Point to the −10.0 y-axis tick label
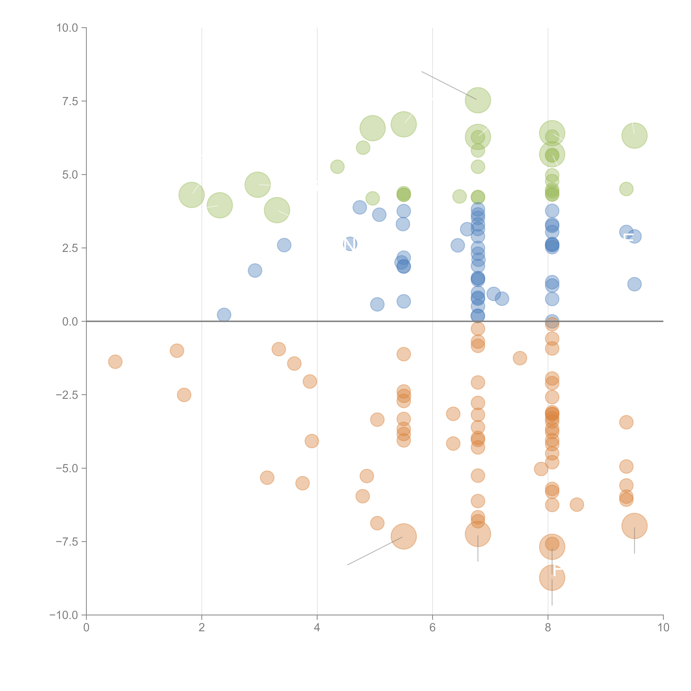pos(64,615)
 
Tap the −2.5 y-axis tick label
pos(66,395)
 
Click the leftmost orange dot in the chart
pos(115,362)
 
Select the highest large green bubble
pos(478,100)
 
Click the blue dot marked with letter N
pos(350,244)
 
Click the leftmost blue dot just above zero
pos(224,315)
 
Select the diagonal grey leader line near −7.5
pos(375,551)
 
